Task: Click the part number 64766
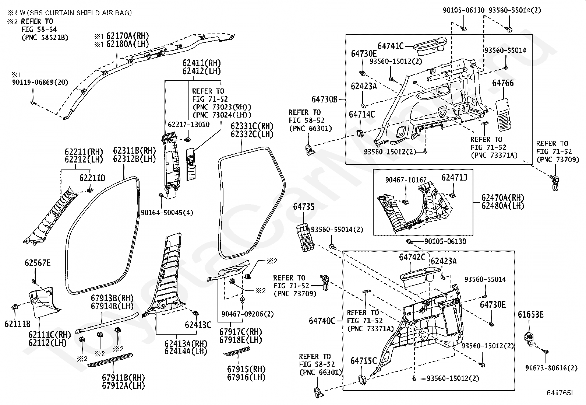(x=503, y=84)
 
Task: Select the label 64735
(x=304, y=207)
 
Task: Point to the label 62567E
(x=38, y=263)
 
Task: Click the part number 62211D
(x=92, y=178)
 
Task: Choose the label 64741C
(x=391, y=46)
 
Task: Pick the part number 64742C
(x=412, y=257)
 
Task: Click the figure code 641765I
(x=560, y=393)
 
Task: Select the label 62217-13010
(x=189, y=125)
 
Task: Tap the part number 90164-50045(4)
(x=167, y=212)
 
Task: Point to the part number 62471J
(x=454, y=178)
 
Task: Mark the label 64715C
(x=363, y=361)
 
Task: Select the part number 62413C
(x=198, y=325)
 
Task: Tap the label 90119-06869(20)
(x=40, y=82)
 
